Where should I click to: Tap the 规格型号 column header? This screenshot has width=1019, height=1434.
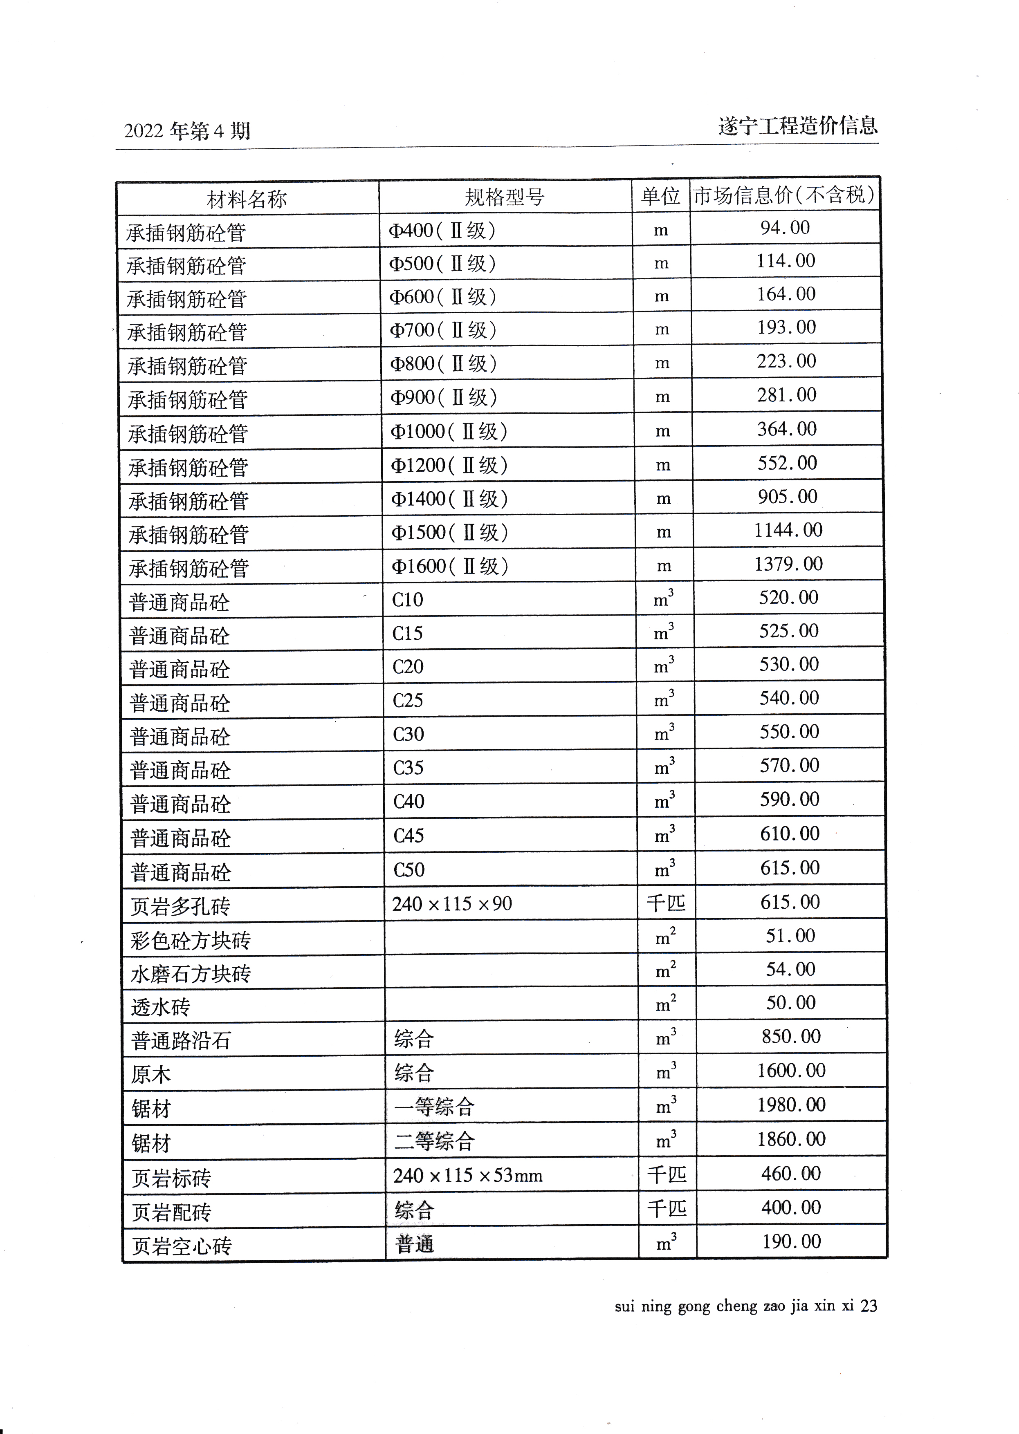point(505,197)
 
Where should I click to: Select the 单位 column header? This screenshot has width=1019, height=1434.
point(660,196)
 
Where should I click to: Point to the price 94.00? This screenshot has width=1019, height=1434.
point(785,227)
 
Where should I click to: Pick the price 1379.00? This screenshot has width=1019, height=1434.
point(788,564)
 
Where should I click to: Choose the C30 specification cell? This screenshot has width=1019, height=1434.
point(408,734)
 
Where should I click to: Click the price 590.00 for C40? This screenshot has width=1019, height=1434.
point(789,799)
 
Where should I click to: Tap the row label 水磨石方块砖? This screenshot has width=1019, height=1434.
point(191,974)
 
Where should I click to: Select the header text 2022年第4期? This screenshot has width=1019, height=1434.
point(187,131)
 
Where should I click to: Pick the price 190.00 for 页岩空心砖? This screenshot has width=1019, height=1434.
point(791,1241)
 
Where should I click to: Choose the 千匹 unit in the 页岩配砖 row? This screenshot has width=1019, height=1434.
point(667,1208)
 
